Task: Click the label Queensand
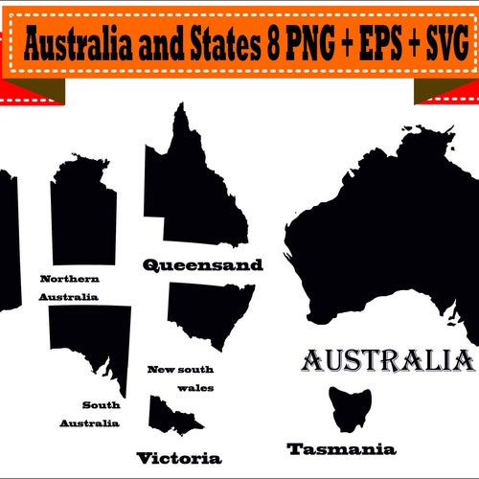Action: click(201, 265)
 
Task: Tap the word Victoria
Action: click(178, 457)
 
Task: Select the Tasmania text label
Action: click(341, 448)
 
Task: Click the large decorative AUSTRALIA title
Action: click(387, 361)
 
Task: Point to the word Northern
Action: click(69, 279)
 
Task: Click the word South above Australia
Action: click(101, 404)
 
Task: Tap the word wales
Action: click(195, 388)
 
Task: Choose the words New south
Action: click(181, 369)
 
